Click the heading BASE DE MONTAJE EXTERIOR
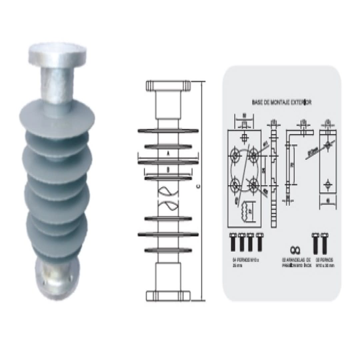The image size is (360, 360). click(282, 102)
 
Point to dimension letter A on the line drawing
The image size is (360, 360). click(168, 154)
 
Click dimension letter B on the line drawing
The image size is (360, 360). click(168, 170)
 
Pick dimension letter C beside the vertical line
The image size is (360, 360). click(198, 187)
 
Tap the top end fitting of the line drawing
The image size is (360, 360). click(168, 86)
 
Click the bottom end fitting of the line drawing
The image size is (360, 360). click(168, 296)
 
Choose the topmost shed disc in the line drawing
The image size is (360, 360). click(168, 130)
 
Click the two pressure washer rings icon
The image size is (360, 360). click(295, 249)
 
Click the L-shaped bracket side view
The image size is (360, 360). click(293, 160)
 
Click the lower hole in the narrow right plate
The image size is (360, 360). click(328, 184)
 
